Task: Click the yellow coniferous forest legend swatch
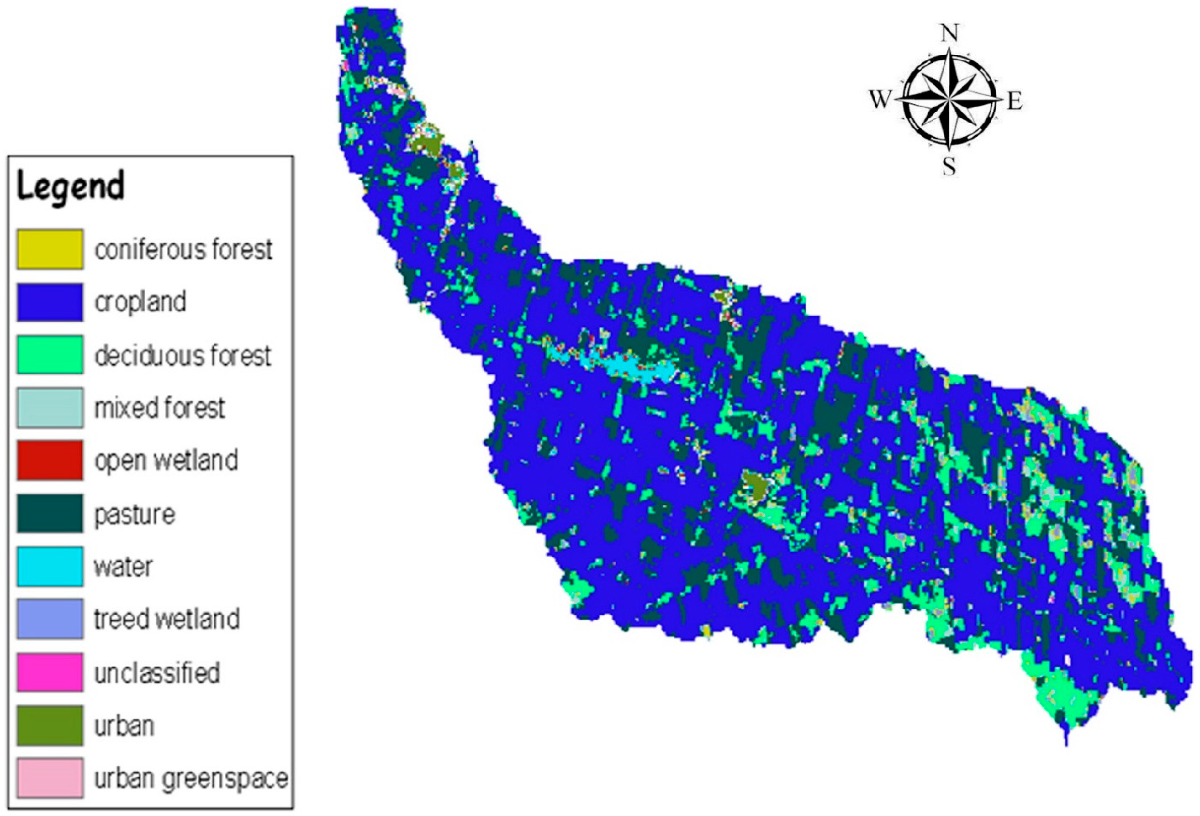[x=50, y=249]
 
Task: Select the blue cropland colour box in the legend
[x=50, y=302]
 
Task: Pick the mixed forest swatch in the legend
[x=50, y=408]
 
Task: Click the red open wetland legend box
[x=50, y=460]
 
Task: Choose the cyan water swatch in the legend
[x=50, y=566]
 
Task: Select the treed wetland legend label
[x=166, y=619]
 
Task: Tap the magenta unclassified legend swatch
[x=50, y=672]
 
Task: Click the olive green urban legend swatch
[x=50, y=725]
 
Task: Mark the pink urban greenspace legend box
[x=50, y=778]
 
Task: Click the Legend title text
[x=71, y=187]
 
